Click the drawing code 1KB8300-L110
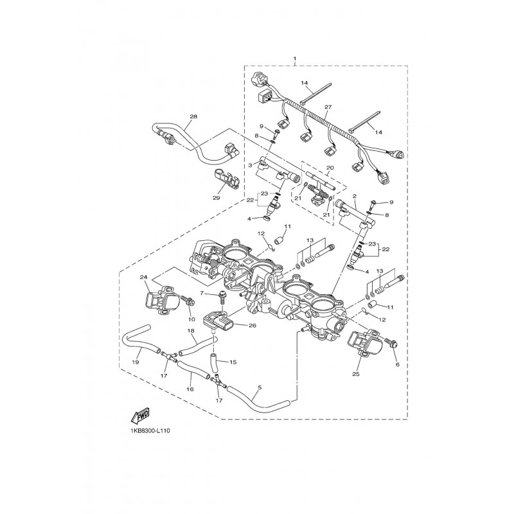(148, 430)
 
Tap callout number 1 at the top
(295, 58)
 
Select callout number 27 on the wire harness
(328, 107)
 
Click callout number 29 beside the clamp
(217, 198)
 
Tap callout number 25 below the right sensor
(356, 374)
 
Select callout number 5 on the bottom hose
(260, 387)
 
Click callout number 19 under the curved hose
(136, 362)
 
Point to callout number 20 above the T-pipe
(330, 168)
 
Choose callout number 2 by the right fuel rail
(355, 196)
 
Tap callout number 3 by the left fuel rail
(250, 165)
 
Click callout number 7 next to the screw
(202, 293)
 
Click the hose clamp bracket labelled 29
(226, 179)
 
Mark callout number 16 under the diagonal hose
(190, 389)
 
